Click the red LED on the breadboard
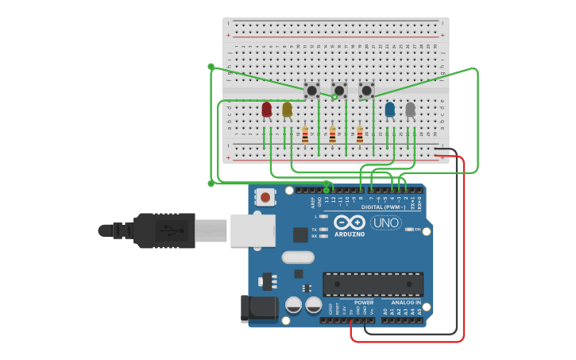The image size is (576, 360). (266, 110)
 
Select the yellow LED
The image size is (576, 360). (287, 110)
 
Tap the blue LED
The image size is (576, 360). (389, 110)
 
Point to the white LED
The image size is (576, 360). (410, 110)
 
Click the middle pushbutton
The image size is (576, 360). (339, 91)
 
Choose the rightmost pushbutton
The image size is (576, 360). (366, 91)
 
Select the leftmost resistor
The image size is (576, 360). (305, 135)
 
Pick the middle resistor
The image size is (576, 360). (332, 135)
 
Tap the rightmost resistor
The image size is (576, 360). (360, 135)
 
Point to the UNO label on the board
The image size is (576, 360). (386, 223)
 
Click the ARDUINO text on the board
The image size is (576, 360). (350, 234)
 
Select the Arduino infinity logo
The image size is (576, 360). (350, 223)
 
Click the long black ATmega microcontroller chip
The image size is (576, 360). (373, 284)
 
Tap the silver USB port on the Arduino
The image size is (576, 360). (253, 230)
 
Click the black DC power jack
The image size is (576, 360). (258, 308)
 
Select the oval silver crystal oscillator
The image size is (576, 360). (298, 257)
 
